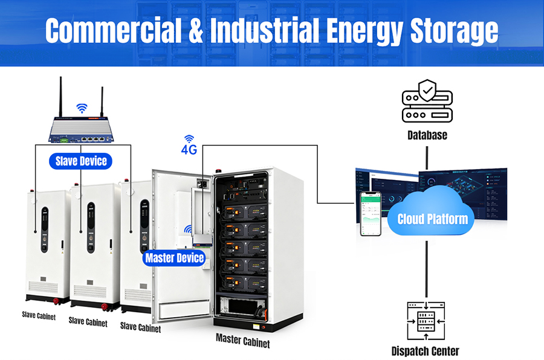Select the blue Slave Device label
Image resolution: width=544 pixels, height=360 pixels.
pyautogui.click(x=81, y=161)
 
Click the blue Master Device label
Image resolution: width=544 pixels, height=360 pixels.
pyautogui.click(x=174, y=259)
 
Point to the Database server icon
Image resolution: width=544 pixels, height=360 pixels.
pyautogui.click(x=427, y=101)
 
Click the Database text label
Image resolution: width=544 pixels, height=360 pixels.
pyautogui.click(x=427, y=135)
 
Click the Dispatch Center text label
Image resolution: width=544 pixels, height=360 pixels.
pyautogui.click(x=425, y=351)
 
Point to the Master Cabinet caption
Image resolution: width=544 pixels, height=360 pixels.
pyautogui.click(x=242, y=341)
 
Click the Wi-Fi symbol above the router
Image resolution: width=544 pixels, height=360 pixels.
pyautogui.click(x=82, y=108)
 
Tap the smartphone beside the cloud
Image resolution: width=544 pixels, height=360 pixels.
pyautogui.click(x=371, y=214)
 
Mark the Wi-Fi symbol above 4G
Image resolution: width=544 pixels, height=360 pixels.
pyautogui.click(x=190, y=138)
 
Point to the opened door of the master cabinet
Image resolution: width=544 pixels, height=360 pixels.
pyautogui.click(x=175, y=242)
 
